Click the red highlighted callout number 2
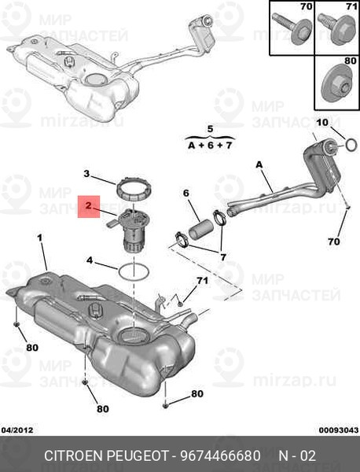pos(88,206)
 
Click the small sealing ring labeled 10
pos(351,145)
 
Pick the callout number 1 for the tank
pos(39,238)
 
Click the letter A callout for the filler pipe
pos(259,164)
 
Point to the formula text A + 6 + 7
pos(210,146)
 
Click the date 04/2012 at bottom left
pos(17,430)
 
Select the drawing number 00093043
pos(339,430)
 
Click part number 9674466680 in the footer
pos(220,455)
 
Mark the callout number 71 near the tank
pos(202,281)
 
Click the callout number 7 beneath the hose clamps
pos(223,257)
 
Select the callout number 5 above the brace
pos(210,129)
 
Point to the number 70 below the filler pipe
pos(334,242)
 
